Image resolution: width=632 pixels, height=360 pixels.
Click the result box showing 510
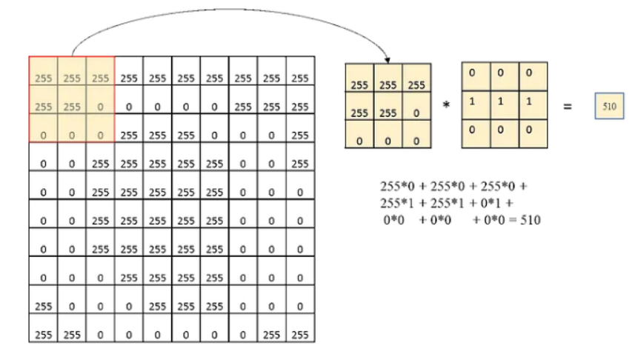click(x=610, y=107)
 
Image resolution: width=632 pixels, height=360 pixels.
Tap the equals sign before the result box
click(x=568, y=107)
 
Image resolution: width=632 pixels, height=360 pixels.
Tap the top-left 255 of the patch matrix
click(x=359, y=85)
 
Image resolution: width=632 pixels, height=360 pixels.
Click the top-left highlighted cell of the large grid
click(x=44, y=77)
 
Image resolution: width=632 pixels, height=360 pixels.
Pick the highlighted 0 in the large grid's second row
click(x=100, y=107)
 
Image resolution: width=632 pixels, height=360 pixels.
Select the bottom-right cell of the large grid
click(x=299, y=335)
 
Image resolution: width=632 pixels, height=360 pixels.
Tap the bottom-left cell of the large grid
click(x=44, y=335)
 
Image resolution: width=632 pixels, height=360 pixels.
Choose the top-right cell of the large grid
click(x=299, y=77)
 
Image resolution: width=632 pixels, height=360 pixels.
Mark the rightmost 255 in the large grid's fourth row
click(x=299, y=164)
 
